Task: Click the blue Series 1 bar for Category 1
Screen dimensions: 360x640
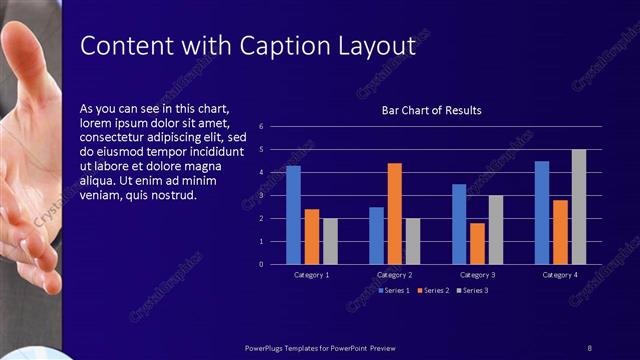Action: coord(293,215)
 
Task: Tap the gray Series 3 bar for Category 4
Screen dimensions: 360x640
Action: coord(579,207)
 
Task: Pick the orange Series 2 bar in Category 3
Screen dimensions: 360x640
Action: coord(477,243)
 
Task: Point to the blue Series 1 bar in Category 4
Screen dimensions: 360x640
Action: coord(542,213)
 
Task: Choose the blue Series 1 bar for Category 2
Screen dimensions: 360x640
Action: coord(376,236)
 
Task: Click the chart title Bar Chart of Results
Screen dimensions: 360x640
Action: coord(432,110)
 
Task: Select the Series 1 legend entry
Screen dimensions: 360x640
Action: coord(394,290)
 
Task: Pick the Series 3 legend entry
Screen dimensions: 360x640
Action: coord(473,290)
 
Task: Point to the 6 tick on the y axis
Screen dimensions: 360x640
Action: coord(261,127)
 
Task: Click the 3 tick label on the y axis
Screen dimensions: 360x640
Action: coord(261,196)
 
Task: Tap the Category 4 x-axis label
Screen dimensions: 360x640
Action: coord(560,275)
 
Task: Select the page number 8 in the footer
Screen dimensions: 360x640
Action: coord(589,347)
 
